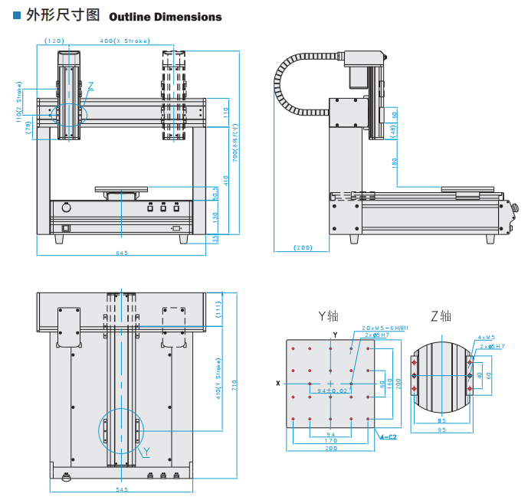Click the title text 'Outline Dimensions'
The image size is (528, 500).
click(x=166, y=17)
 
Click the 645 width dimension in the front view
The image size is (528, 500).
click(x=122, y=253)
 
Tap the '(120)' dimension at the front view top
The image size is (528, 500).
click(x=54, y=41)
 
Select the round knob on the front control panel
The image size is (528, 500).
click(x=66, y=208)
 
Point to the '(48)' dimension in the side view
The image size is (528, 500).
click(x=394, y=130)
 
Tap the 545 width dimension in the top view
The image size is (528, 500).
click(x=122, y=489)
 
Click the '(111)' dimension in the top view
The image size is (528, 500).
click(x=218, y=310)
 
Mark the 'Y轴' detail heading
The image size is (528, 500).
click(x=328, y=315)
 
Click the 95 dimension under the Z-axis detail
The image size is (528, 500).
click(x=441, y=430)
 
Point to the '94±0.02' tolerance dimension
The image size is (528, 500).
click(x=328, y=391)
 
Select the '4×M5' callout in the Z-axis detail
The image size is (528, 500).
click(x=487, y=337)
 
